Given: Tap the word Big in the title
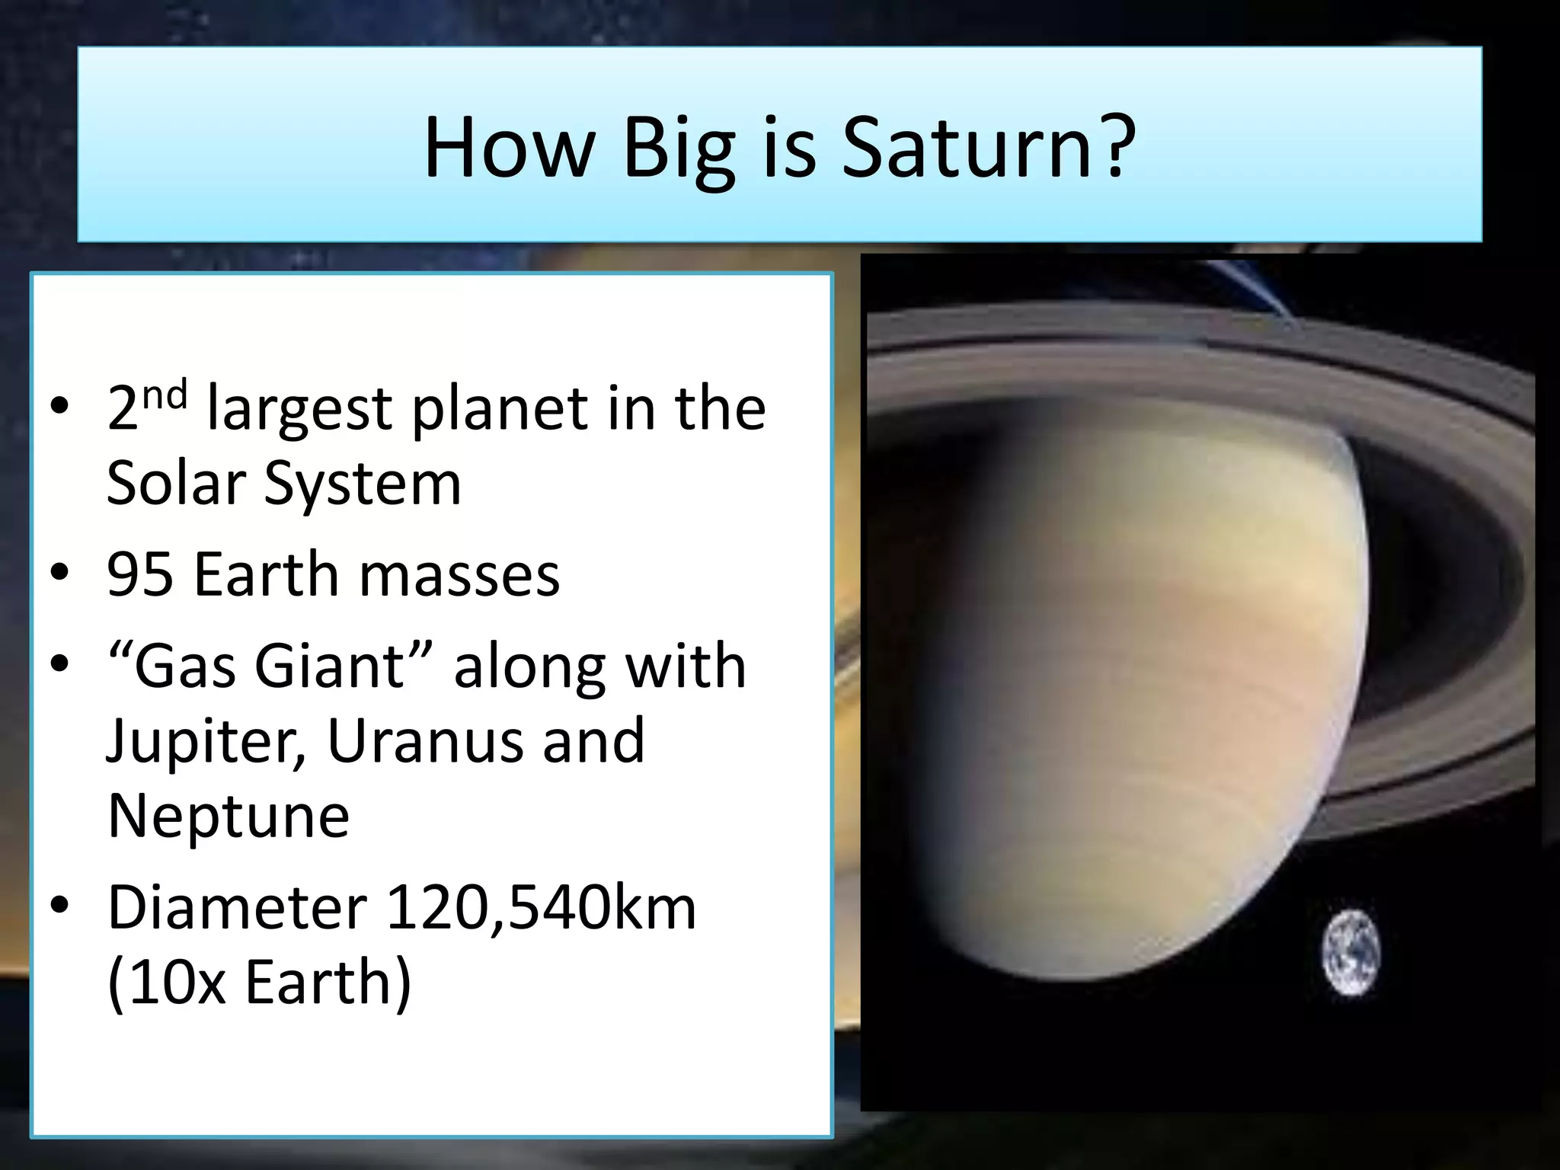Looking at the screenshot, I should pos(679,149).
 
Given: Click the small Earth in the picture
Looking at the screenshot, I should pos(1351,953).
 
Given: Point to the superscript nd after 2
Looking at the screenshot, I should pos(165,395).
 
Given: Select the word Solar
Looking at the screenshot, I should pos(176,483).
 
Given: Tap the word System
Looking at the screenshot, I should pos(363,484).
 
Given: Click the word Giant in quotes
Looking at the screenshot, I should pos(328,666).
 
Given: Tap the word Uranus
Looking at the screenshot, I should pos(424,740).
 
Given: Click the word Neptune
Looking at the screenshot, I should pos(229,815).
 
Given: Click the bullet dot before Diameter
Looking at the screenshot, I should pos(60,906).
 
